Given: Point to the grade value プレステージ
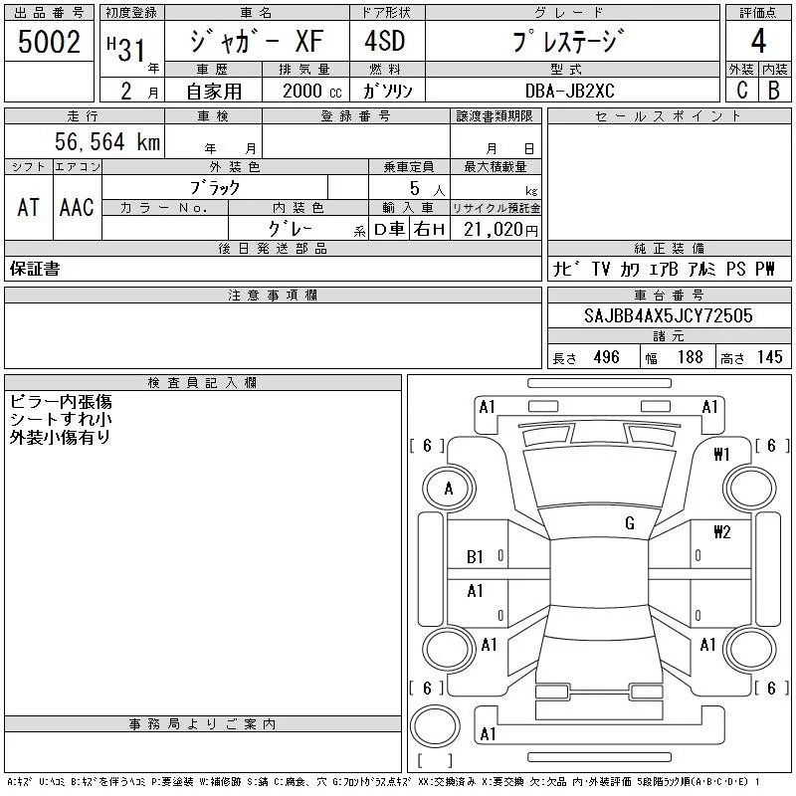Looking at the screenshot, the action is point(568,42).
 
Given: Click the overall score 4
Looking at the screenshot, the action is point(758,43).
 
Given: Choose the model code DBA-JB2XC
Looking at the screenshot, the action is point(570,90).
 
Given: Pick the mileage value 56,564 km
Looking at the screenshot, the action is point(108,142).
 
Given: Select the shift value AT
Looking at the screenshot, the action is point(28,208).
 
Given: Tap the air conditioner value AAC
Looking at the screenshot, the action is point(77,208).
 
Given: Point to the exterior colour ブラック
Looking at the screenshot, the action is point(214,187).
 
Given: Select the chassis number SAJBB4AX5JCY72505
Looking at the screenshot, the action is point(668,315).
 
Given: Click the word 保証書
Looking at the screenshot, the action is point(34,269).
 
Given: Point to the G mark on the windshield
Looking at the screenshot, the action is point(630,522).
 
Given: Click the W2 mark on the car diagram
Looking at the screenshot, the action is point(721,532).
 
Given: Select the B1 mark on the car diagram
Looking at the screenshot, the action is point(476,557).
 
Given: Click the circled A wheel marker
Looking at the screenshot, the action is point(449,489).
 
